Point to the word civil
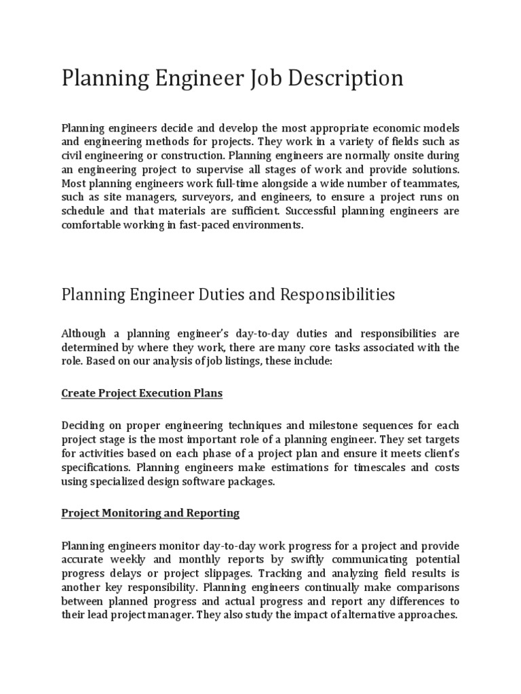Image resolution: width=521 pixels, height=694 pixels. click(74, 155)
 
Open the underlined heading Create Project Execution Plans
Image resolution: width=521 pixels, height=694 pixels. click(142, 393)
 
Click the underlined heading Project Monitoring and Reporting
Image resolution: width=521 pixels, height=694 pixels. click(151, 512)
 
